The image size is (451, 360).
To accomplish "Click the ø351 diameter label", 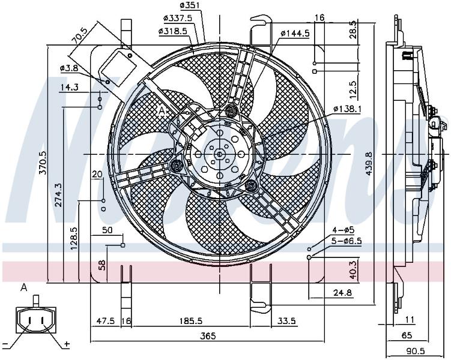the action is pos(190,5).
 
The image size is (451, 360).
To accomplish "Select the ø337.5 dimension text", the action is pos(178,18).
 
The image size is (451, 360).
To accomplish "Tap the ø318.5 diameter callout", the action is pos(173,31).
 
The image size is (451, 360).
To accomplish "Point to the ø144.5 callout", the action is pos(295,34).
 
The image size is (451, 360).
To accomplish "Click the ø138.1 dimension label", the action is pos(348,109).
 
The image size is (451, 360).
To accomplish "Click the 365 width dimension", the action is pos(208,335).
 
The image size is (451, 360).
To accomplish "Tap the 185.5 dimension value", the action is pos(191,320).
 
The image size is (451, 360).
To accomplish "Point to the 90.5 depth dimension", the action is pos(416,351).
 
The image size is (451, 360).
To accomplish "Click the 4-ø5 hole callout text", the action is pos(344,230).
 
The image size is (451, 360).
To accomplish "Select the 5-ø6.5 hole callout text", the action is pos(347,241).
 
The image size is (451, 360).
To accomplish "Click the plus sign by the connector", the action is pos(67,344).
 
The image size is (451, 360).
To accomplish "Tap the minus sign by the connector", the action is pos(5,344).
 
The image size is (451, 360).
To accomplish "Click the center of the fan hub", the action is pos(219,154).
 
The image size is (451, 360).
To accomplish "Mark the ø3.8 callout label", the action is pos(69,68).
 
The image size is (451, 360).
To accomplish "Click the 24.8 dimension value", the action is pos(342,293).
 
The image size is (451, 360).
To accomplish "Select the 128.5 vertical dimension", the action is pos(74,238).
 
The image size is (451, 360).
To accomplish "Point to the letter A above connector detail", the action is pos(24,287).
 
